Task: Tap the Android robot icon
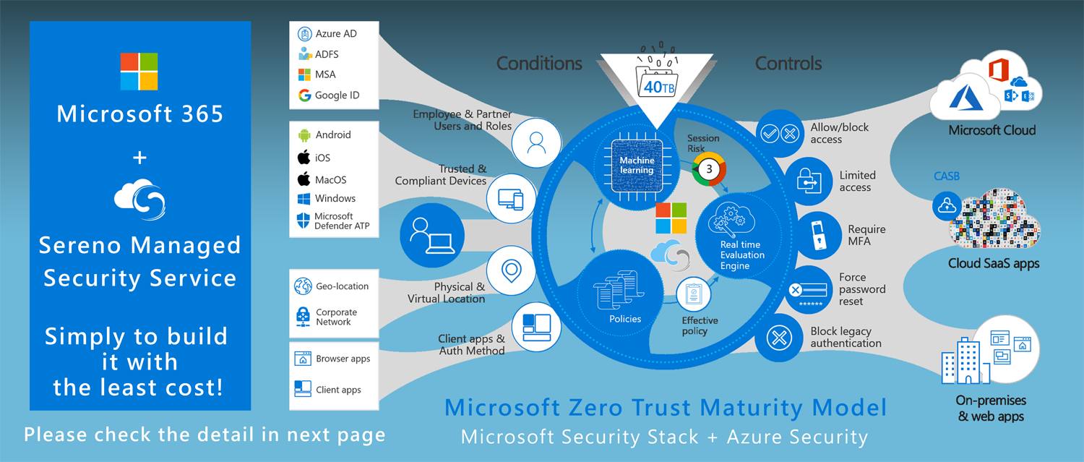pyautogui.click(x=304, y=135)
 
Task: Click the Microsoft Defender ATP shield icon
pyautogui.click(x=304, y=221)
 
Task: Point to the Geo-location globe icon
pyautogui.click(x=303, y=286)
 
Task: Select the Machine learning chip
pyautogui.click(x=637, y=165)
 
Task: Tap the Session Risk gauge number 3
pyautogui.click(x=709, y=169)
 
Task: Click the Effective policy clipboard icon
pyautogui.click(x=694, y=294)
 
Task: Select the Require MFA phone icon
pyautogui.click(x=818, y=235)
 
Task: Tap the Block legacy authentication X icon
pyautogui.click(x=778, y=338)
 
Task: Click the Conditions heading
pyautogui.click(x=539, y=64)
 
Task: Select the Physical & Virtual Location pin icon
pyautogui.click(x=511, y=271)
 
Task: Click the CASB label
pyautogui.click(x=946, y=176)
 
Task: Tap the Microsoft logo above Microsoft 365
pyautogui.click(x=139, y=71)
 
